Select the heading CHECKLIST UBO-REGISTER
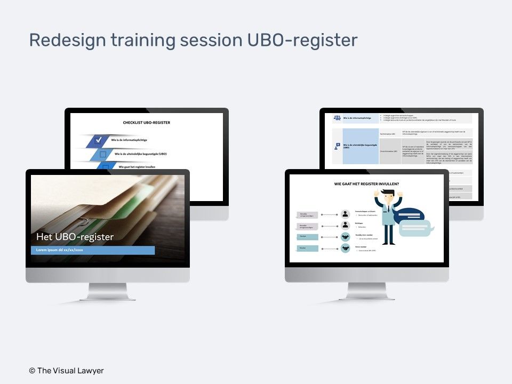[x=147, y=123]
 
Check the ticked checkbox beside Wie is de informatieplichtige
[x=98, y=140]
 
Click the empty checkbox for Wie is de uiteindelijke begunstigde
[x=103, y=154]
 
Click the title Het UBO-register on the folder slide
[x=75, y=236]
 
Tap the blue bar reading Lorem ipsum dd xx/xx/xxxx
[x=93, y=250]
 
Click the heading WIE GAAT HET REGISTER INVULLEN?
[x=367, y=184]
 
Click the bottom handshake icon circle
[x=346, y=248]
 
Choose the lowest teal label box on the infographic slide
[x=309, y=248]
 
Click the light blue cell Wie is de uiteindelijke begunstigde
[x=360, y=146]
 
